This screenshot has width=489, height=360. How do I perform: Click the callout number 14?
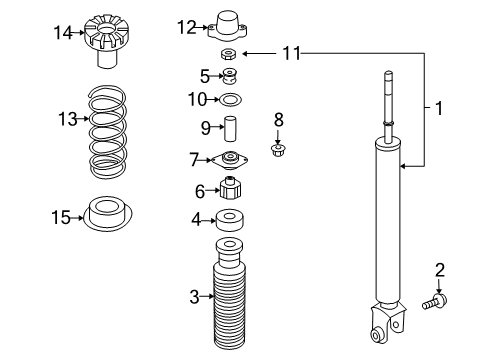tap(63, 33)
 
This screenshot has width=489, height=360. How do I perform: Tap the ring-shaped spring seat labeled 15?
tap(109, 215)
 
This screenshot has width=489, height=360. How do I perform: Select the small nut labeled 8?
tap(279, 150)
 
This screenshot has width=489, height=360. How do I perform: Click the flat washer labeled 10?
tap(229, 99)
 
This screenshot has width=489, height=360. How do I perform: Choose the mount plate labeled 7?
tap(230, 159)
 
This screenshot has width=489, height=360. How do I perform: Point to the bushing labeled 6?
tap(230, 189)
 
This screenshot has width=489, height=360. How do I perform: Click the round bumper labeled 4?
tap(230, 220)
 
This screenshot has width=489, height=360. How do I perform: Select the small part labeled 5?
tap(229, 76)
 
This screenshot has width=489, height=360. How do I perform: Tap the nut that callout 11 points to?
tap(229, 54)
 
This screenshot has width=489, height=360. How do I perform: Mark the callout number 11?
tap(290, 52)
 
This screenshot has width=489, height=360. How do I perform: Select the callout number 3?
tap(195, 296)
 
